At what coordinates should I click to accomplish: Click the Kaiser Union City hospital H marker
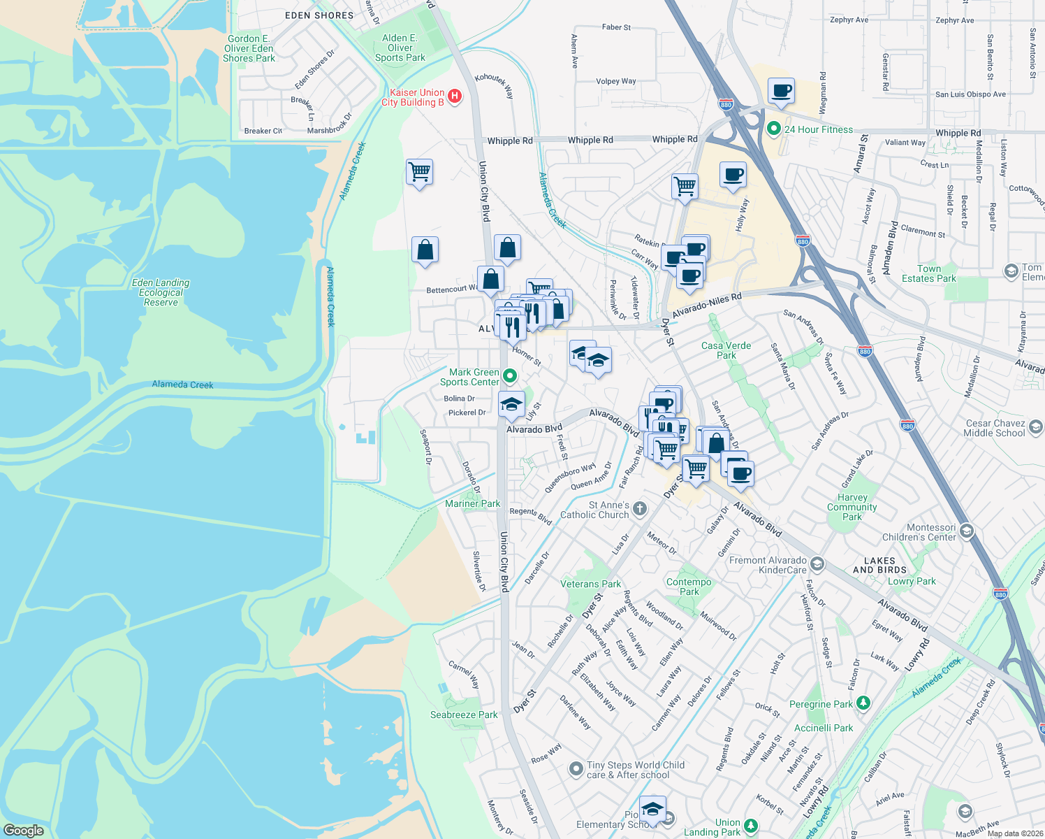click(455, 96)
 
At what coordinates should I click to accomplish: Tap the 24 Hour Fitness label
click(818, 129)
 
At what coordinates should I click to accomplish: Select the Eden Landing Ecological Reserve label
click(161, 292)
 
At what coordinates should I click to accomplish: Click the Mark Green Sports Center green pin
click(510, 376)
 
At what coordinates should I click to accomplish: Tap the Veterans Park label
click(590, 584)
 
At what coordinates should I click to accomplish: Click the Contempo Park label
click(689, 587)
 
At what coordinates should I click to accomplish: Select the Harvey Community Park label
click(852, 507)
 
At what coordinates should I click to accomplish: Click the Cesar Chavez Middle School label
click(995, 428)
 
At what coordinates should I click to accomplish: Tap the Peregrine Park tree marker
click(863, 702)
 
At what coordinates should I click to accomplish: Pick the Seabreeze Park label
click(464, 715)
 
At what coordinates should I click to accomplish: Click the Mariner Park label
click(472, 503)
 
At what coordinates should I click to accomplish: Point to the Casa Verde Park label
click(726, 350)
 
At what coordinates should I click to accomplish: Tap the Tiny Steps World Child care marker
click(576, 769)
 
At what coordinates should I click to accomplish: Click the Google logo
click(24, 831)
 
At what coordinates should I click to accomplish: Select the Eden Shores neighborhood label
click(319, 15)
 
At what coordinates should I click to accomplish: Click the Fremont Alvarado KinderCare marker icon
click(817, 564)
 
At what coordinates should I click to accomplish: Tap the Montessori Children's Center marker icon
click(966, 531)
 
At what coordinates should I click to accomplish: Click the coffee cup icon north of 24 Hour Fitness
click(781, 90)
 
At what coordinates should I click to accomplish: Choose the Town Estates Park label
click(928, 273)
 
